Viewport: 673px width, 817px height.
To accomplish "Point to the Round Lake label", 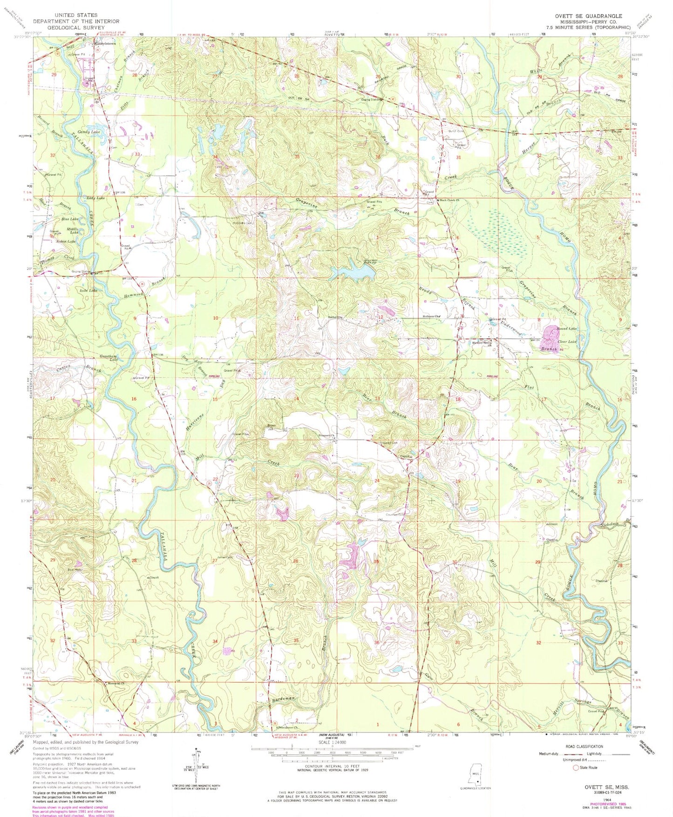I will (x=568, y=329).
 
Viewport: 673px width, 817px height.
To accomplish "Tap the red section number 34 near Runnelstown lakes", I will (x=215, y=157).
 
